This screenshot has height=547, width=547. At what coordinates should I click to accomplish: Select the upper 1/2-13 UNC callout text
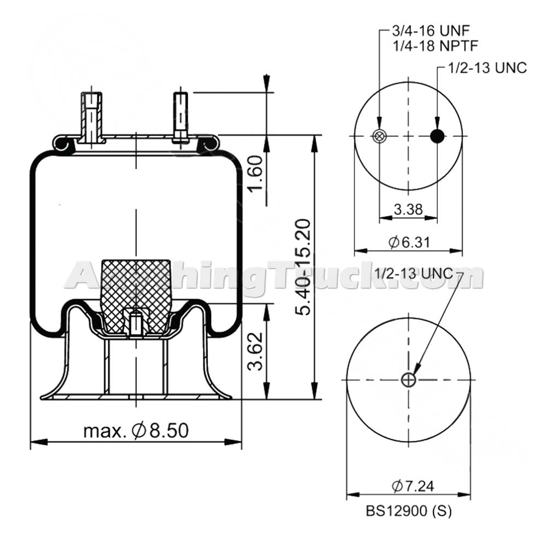pos(487,68)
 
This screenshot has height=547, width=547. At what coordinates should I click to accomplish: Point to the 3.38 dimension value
pos(408,209)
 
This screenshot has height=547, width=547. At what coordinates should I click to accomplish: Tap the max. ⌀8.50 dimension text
pos(136,431)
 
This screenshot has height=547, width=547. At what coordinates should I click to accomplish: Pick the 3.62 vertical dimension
pos(256,351)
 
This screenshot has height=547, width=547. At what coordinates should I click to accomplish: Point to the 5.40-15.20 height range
pos(302,266)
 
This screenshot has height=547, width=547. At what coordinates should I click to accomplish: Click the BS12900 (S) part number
pos(409,511)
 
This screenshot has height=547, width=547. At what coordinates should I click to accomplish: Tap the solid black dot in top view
pos(437,136)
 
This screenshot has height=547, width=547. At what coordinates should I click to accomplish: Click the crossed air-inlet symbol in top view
pos(378,136)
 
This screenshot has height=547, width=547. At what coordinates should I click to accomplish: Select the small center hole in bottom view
pos(408,380)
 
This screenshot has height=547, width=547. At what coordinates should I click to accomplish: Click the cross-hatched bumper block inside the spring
pos(135,284)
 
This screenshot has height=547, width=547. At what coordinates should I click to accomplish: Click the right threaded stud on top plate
pos(181,116)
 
